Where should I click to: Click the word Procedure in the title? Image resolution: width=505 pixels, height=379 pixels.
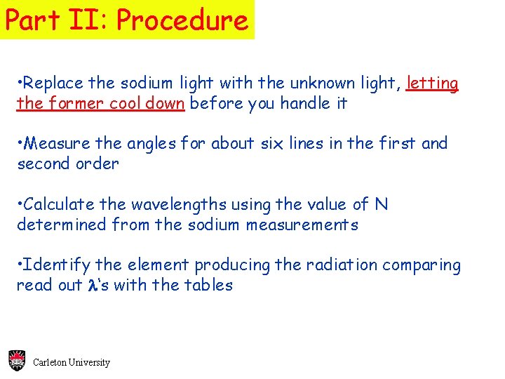pyautogui.click(x=182, y=20)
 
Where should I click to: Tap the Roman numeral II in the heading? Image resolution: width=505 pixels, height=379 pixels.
pyautogui.click(x=83, y=20)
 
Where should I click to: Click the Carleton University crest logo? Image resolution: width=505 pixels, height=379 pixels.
pyautogui.click(x=17, y=361)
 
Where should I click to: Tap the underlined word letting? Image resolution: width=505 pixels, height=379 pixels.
pyautogui.click(x=433, y=83)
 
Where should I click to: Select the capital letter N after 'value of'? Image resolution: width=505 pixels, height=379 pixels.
pyautogui.click(x=381, y=204)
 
